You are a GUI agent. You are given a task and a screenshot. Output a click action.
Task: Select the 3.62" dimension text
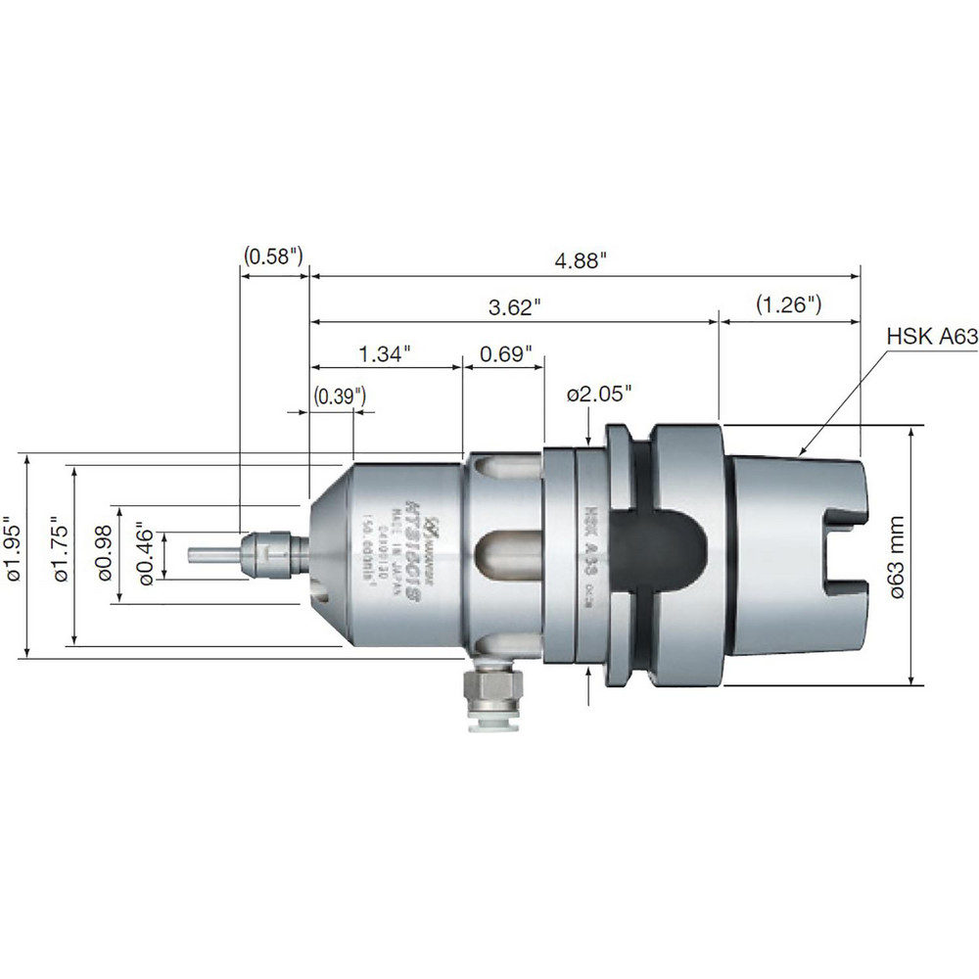pyautogui.click(x=515, y=307)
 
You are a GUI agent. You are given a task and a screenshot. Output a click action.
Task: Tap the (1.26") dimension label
pyautogui.click(x=788, y=304)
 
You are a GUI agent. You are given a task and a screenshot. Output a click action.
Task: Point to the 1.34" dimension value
pyautogui.click(x=385, y=352)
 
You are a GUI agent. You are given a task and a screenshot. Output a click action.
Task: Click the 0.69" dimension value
pyautogui.click(x=506, y=352)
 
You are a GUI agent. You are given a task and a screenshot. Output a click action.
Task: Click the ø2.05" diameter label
pyautogui.click(x=599, y=394)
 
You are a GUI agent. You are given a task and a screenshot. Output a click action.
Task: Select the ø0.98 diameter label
pyautogui.click(x=106, y=555)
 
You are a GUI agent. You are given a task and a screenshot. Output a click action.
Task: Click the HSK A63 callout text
pyautogui.click(x=932, y=337)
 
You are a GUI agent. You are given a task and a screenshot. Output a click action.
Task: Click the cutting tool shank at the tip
pyautogui.click(x=215, y=555)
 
